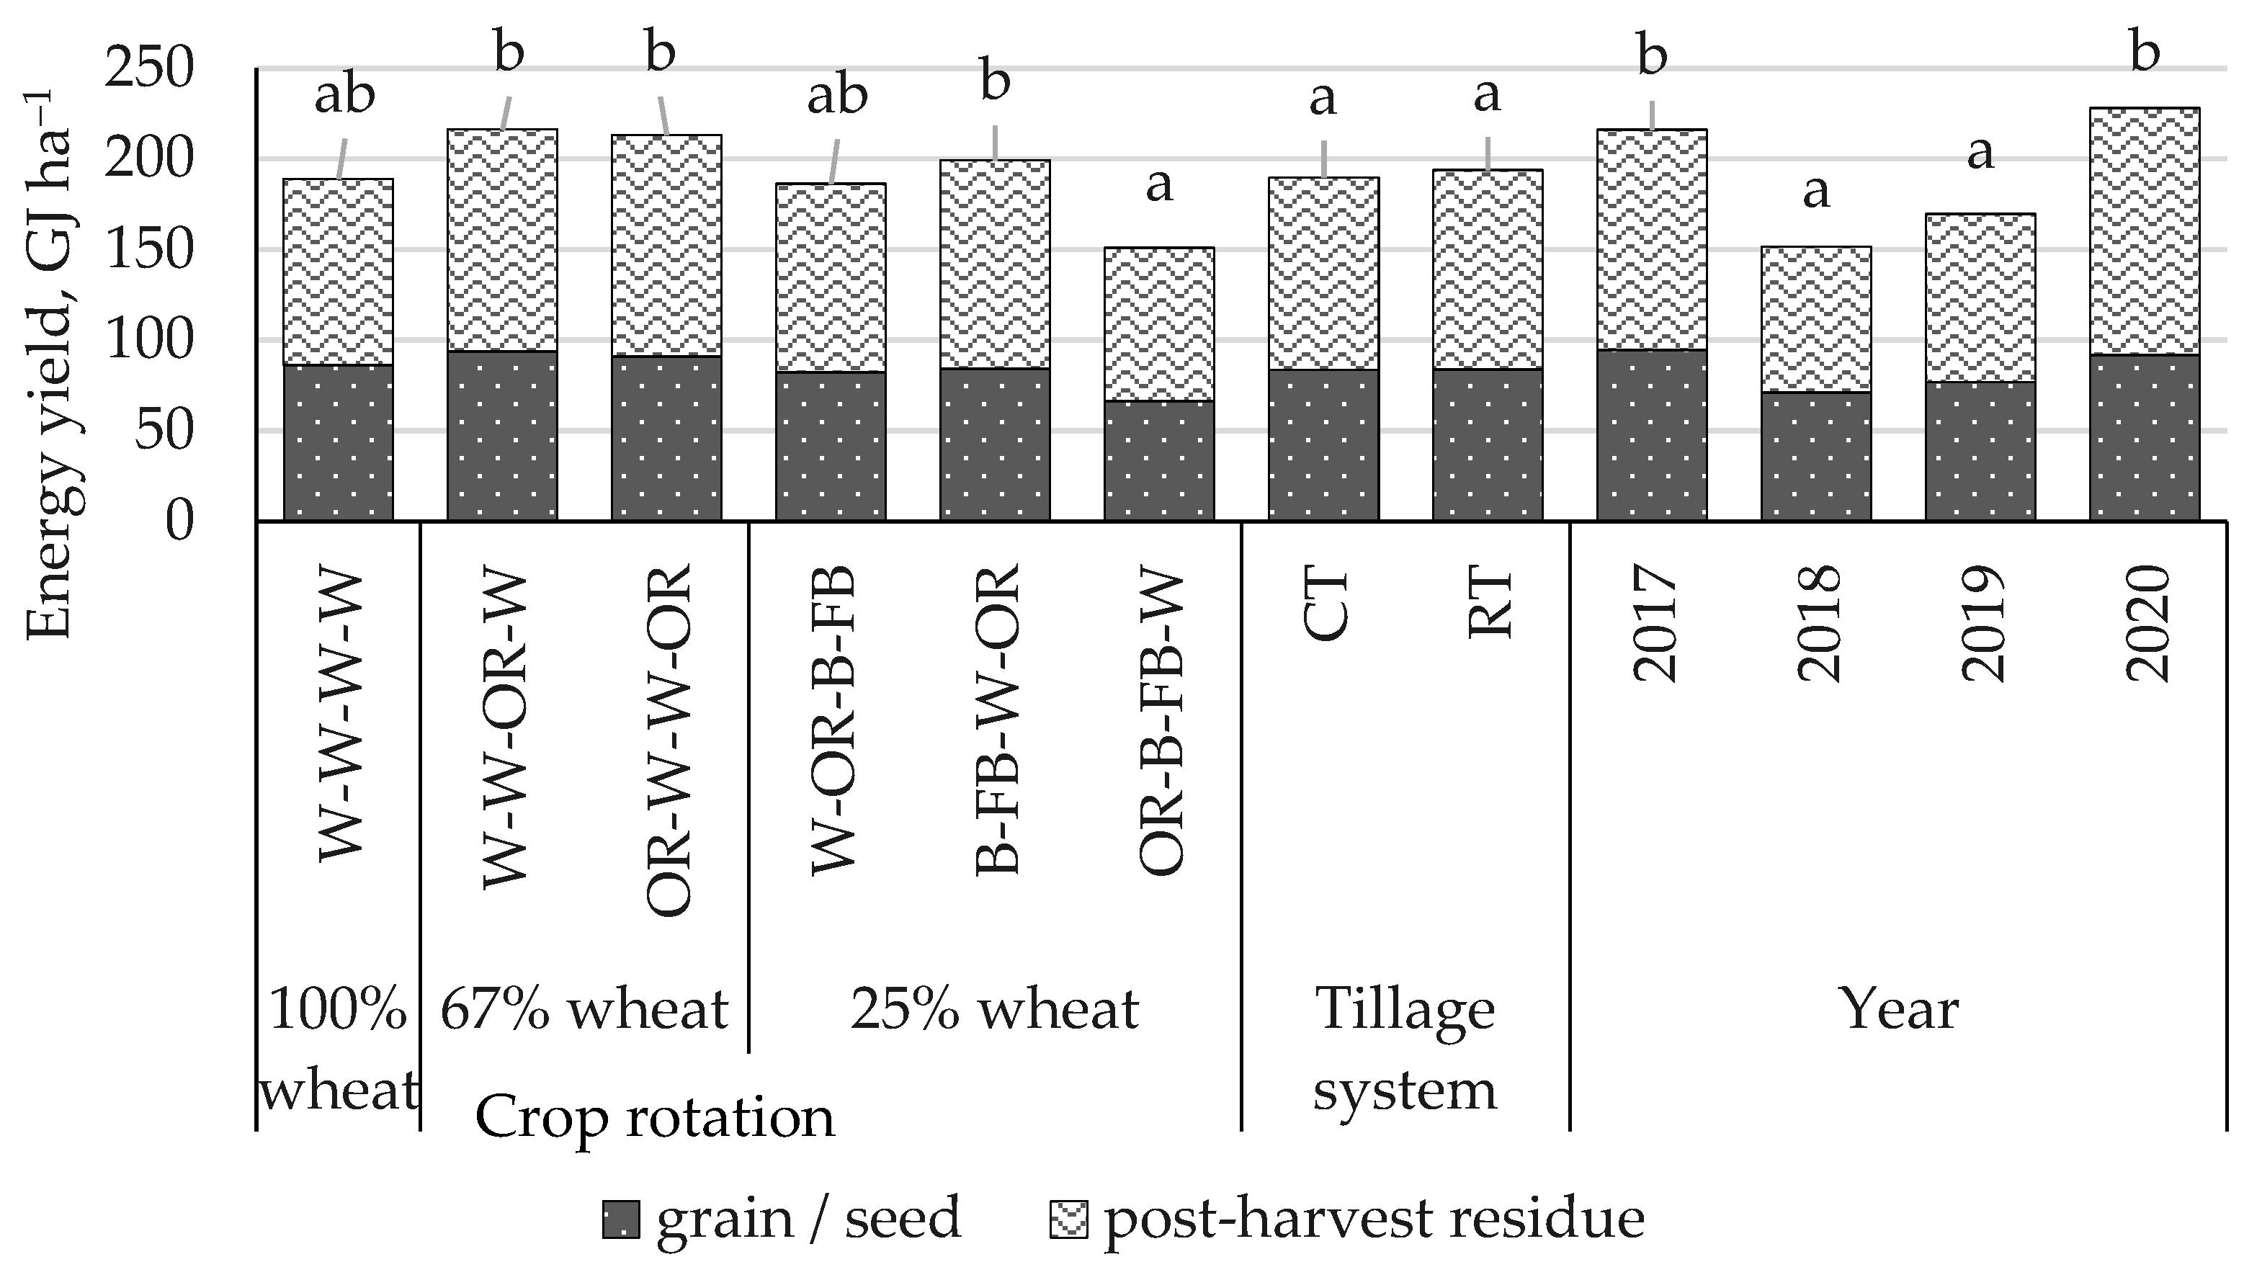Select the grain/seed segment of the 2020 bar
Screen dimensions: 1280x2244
pos(2144,437)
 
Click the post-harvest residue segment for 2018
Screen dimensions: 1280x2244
pos(1815,318)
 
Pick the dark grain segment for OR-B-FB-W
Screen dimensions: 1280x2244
pos(1158,461)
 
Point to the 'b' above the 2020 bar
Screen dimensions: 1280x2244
pos(2145,53)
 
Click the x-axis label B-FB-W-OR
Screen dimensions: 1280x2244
pos(997,719)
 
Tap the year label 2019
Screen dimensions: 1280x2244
pos(1982,625)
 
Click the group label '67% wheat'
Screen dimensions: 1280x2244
pos(584,1009)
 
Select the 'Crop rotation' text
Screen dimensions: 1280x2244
pos(654,1118)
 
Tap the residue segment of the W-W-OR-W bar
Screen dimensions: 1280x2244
pos(502,240)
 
